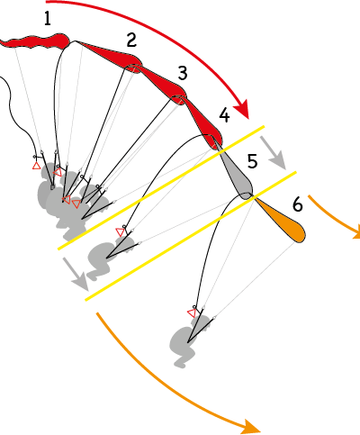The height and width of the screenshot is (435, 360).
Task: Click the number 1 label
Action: click(48, 19)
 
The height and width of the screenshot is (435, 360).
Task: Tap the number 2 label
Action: click(131, 40)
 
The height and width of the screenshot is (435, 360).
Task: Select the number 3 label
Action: click(183, 73)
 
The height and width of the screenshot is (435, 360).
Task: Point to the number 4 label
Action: click(224, 115)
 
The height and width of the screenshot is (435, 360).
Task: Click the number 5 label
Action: click(253, 161)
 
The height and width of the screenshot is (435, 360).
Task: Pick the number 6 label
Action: click(298, 205)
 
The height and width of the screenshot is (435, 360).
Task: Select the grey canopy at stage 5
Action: click(237, 174)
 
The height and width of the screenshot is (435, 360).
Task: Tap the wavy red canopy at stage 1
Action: click(35, 42)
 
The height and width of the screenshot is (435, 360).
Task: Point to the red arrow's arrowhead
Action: click(242, 108)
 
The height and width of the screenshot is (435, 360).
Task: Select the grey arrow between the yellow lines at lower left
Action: click(76, 274)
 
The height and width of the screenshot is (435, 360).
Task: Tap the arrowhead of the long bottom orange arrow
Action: click(249, 427)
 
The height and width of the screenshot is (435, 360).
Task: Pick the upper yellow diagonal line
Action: click(161, 187)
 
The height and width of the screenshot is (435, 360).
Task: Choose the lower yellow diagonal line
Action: click(191, 236)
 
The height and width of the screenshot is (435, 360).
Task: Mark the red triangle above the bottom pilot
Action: click(192, 313)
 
